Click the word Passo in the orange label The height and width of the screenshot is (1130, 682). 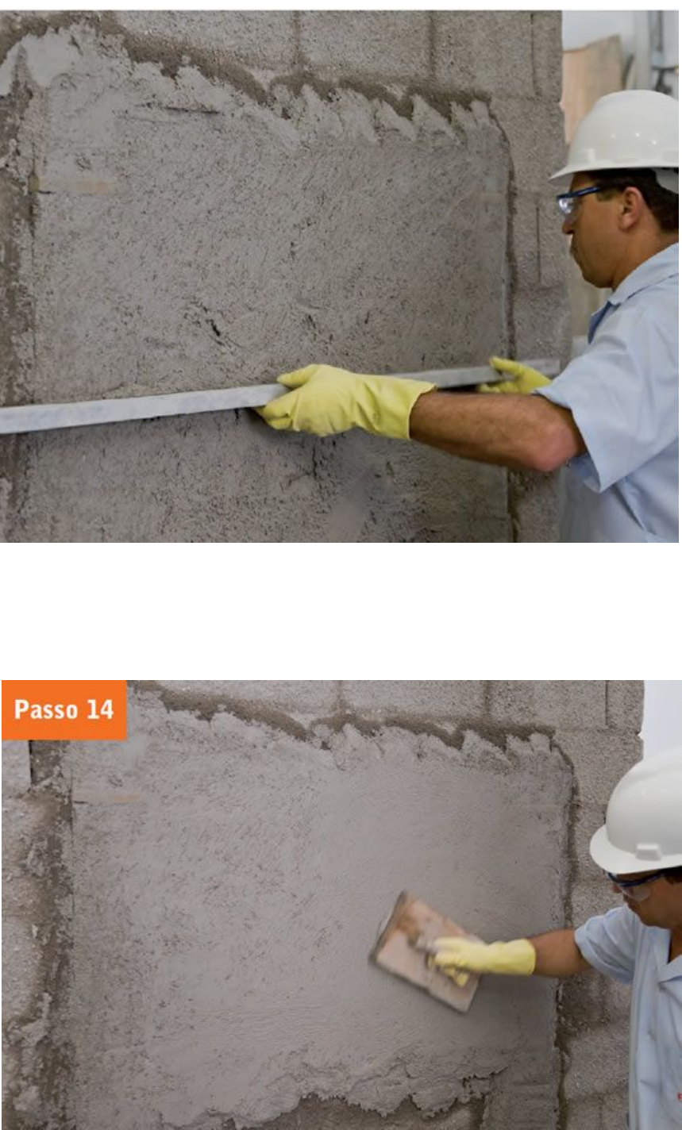[46, 709]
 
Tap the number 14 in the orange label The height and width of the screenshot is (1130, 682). [100, 709]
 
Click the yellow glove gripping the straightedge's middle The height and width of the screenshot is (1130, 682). [343, 399]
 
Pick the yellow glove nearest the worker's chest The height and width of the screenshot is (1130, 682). [515, 376]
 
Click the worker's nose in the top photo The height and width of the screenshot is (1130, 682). [566, 227]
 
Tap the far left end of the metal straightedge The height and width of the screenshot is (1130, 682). [2, 421]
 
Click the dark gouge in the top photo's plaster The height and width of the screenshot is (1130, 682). [214, 325]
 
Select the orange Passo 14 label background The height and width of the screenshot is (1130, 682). [64, 710]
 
